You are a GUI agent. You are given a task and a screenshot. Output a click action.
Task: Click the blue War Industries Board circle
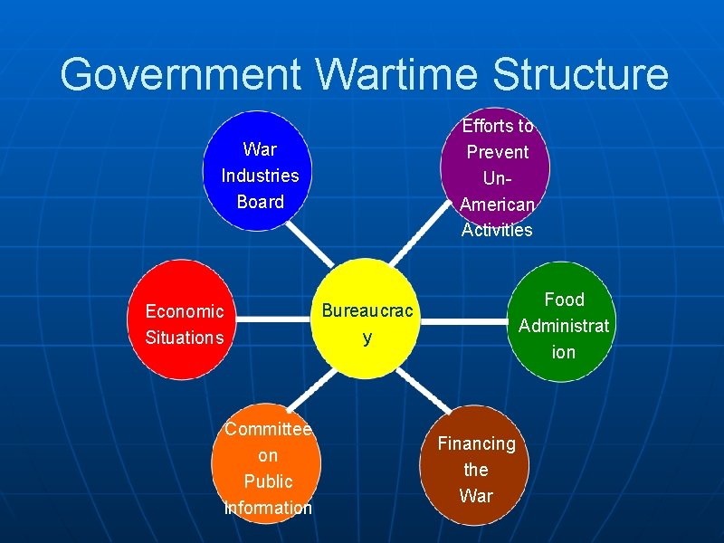point(260,171)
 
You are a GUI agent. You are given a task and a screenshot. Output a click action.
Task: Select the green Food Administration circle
point(563,322)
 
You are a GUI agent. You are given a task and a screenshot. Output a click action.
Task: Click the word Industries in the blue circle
point(260,175)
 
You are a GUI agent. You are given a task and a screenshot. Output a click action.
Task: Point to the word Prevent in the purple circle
point(497,152)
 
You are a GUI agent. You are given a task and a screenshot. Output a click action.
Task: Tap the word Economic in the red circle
point(184,311)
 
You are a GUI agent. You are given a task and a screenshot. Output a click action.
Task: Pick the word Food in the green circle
point(564,300)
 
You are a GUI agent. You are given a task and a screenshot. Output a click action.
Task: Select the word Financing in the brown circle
point(476,443)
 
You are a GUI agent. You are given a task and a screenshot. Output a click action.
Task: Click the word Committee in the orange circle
point(268,429)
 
